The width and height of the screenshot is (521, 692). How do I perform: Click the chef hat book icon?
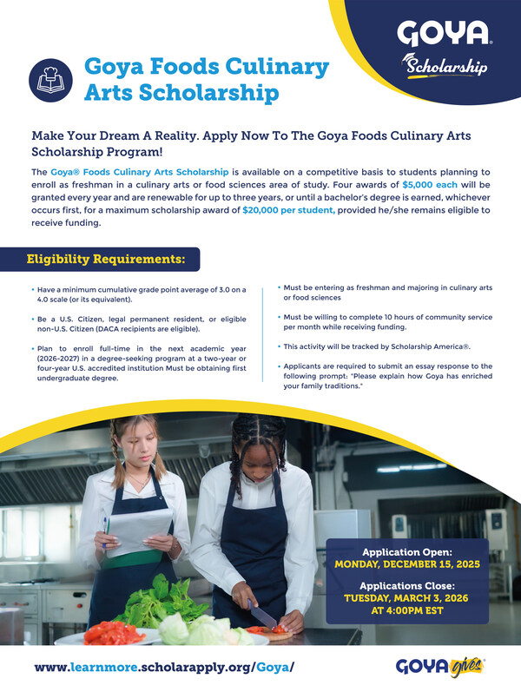tap(50, 78)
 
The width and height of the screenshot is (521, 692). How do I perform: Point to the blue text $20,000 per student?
tap(284, 209)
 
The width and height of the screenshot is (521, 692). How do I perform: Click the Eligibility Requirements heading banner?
tap(105, 259)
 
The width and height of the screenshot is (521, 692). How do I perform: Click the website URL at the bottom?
tap(165, 667)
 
